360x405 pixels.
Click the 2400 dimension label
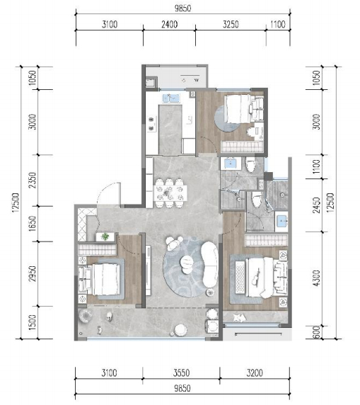[169, 25]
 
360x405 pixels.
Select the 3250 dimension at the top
[231, 25]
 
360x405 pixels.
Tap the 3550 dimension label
[181, 373]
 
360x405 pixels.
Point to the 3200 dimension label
[255, 373]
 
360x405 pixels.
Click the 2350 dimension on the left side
[32, 181]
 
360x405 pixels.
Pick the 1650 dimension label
[32, 224]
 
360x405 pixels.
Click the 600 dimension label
[317, 332]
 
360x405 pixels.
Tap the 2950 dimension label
[32, 274]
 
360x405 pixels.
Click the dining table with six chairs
[170, 193]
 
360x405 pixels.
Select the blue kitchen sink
[171, 98]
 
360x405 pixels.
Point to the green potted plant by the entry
[105, 236]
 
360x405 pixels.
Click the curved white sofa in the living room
[209, 264]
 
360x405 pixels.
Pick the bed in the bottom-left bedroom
[106, 279]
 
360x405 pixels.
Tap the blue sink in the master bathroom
[281, 221]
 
